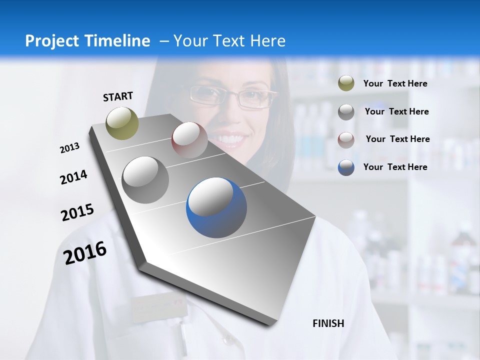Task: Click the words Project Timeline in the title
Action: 87,41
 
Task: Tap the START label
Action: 118,96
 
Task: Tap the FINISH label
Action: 328,323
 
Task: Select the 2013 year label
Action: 70,148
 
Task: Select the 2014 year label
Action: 73,177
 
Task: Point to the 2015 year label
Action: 77,212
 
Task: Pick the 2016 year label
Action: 85,253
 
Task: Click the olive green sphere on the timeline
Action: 122,123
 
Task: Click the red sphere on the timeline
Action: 189,140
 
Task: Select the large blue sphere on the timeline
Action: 216,207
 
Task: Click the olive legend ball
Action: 346,83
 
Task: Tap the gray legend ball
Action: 346,111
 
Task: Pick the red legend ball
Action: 346,139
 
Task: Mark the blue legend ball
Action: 346,167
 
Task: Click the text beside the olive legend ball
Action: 395,83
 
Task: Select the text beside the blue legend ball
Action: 395,167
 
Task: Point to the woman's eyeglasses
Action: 233,96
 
